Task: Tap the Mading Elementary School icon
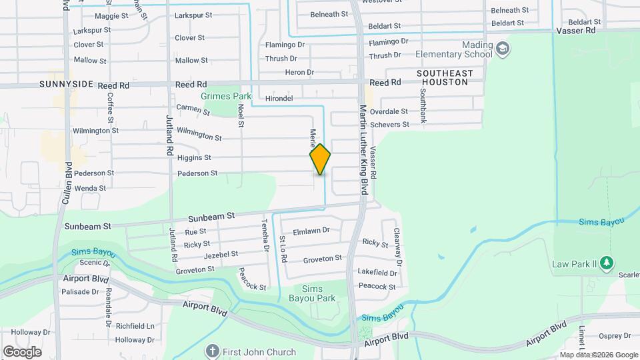503,48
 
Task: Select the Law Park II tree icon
606,263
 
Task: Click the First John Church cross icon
213,351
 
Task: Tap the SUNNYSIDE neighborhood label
69,85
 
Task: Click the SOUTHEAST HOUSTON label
445,77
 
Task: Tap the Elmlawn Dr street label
311,230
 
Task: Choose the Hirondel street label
279,98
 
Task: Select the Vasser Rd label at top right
575,31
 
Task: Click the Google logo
22,351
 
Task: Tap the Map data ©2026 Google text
599,355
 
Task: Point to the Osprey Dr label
612,336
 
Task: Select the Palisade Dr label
80,291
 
